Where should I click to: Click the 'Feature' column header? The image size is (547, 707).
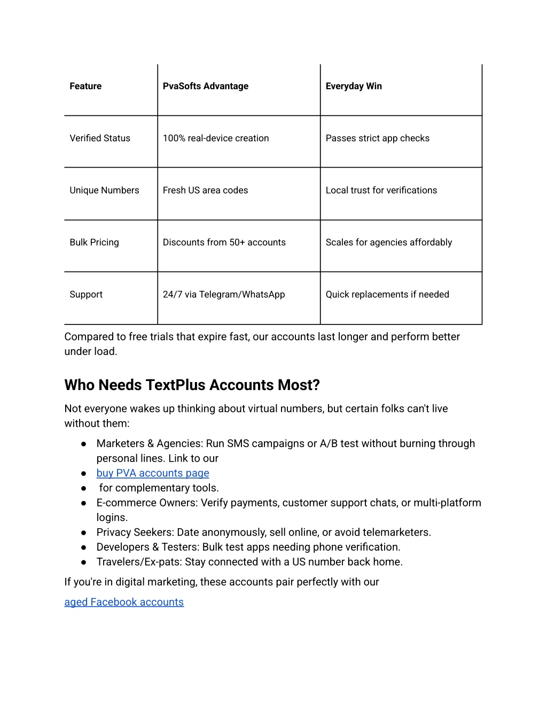point(85,86)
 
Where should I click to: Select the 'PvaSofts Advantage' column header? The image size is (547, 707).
point(206,86)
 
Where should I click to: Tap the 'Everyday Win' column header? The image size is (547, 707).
point(354,86)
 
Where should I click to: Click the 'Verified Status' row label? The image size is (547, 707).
point(100,138)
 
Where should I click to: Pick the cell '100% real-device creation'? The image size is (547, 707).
point(216,138)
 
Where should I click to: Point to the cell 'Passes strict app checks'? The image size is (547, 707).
point(378,138)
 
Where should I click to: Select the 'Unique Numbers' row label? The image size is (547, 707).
point(104,190)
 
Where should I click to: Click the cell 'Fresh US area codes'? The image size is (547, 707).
point(206,190)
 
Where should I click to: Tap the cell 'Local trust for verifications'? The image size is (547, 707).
point(381,190)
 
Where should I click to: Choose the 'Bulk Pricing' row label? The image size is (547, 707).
point(94,242)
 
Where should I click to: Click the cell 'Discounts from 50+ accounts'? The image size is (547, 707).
point(224,242)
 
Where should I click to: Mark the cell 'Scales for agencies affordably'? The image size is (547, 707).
point(389,242)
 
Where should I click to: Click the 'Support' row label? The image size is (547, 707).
point(86,295)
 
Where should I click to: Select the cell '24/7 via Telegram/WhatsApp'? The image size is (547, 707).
point(224,295)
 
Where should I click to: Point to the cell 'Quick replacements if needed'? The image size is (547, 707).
point(387,295)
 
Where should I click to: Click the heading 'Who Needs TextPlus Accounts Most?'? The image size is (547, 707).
point(192,385)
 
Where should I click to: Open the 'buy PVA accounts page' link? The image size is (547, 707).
point(153,473)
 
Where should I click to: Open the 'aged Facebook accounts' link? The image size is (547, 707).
point(124,602)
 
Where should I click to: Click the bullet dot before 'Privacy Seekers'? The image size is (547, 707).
point(84,533)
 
